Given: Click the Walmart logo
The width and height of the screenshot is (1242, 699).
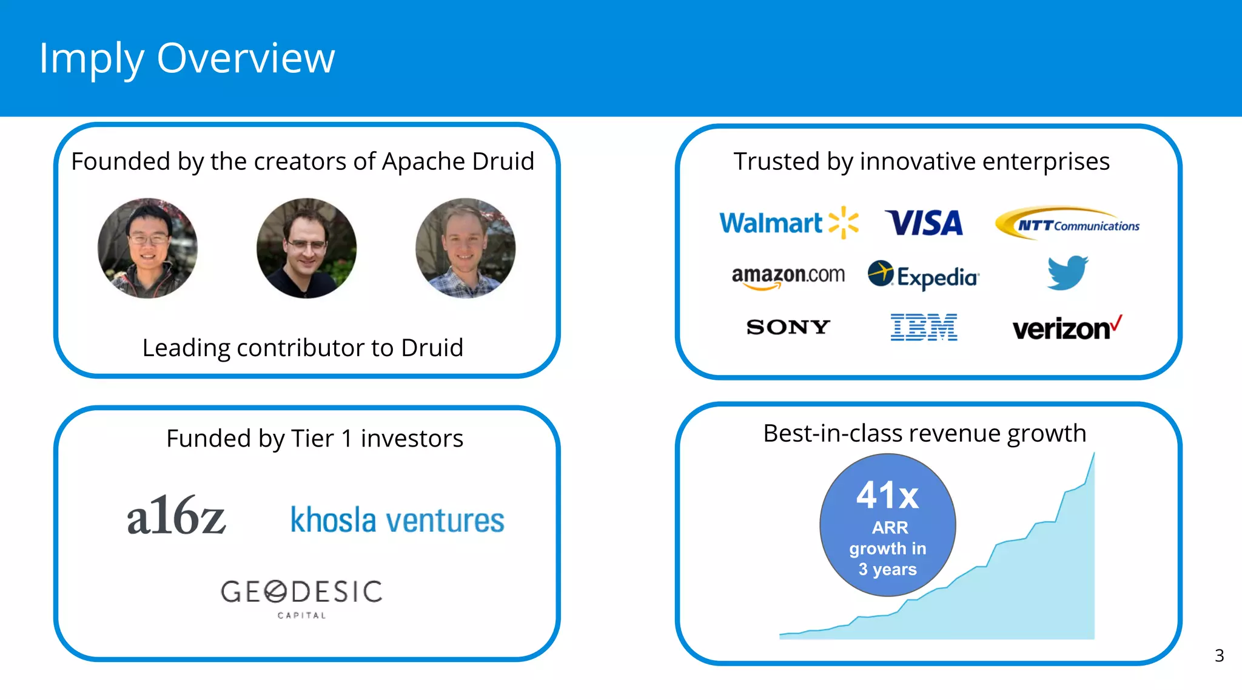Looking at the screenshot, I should coord(788,223).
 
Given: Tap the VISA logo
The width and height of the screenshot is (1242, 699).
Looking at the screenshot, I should coord(924,223).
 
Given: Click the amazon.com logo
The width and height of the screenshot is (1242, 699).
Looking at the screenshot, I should coord(788,276).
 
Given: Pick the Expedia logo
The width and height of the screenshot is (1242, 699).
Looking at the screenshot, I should coord(923,276).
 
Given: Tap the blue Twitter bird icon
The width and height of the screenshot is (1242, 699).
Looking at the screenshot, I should coord(1067,273).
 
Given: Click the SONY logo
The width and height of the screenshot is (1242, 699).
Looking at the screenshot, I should coord(788,328).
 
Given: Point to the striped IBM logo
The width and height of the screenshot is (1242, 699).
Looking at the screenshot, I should coord(924,328).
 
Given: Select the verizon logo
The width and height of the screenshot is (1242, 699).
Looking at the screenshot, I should coord(1067,328).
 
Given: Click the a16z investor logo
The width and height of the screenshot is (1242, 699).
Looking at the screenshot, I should coord(176,516).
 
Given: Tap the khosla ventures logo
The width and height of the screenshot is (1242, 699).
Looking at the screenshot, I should coord(397,521).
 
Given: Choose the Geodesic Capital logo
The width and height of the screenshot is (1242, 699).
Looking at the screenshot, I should coord(301,598).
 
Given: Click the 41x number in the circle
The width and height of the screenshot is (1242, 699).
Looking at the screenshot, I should coord(887,496).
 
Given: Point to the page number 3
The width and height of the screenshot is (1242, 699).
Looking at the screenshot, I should coord(1219,656).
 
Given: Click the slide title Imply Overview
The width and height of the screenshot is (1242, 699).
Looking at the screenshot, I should coord(187,58).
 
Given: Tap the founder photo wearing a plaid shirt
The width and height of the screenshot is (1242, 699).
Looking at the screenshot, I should coord(465,248).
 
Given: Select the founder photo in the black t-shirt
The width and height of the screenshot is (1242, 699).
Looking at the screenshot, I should coord(306,248).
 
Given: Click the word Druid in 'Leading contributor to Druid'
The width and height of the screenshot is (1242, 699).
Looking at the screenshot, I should coord(432,348).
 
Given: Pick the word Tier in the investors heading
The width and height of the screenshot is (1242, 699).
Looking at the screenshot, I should coord(312,439).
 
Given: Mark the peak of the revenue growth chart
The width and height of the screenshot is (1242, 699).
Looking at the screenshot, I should coord(1093,454).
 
